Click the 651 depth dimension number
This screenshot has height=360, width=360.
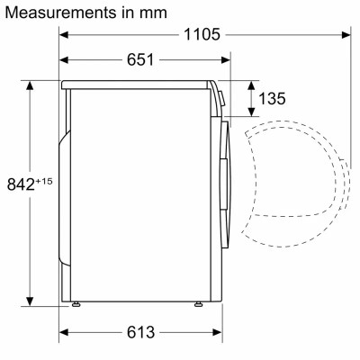pyautogui.click(x=137, y=59)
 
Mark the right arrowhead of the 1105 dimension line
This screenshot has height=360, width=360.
pyautogui.click(x=346, y=35)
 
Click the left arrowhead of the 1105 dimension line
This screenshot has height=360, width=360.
pyautogui.click(x=65, y=35)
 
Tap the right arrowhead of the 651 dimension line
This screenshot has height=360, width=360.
pyautogui.click(x=224, y=59)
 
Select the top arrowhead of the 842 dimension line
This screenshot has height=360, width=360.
pyautogui.click(x=31, y=84)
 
